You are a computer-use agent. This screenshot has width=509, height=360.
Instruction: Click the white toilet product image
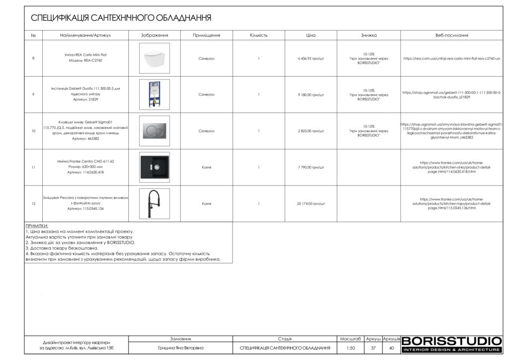(154, 58)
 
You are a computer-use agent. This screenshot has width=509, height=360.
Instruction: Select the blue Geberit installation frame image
(154, 94)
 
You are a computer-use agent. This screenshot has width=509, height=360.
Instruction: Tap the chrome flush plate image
(154, 131)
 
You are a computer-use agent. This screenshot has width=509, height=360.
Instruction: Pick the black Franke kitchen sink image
(154, 167)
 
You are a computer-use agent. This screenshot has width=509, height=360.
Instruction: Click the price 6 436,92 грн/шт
(311, 58)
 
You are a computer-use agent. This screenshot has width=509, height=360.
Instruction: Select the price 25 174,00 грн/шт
(311, 203)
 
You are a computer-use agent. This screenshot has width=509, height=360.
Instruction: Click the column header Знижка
(368, 35)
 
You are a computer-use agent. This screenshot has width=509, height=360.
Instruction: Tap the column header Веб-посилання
(452, 35)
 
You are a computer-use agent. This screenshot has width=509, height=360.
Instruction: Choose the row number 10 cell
(33, 131)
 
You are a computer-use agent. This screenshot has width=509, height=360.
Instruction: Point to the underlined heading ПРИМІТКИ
(37, 226)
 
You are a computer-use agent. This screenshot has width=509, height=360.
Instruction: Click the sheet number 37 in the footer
(373, 348)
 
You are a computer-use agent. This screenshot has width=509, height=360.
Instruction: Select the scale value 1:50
(350, 348)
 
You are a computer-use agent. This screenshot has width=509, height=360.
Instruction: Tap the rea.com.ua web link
(452, 58)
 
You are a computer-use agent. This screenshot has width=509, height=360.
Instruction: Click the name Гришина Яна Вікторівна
(180, 348)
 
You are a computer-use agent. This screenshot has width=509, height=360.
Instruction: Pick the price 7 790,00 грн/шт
(311, 167)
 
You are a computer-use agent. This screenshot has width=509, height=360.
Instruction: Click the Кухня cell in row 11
(207, 167)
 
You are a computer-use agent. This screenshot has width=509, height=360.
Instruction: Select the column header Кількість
(259, 35)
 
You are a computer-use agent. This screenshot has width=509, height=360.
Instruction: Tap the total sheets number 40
(392, 348)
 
